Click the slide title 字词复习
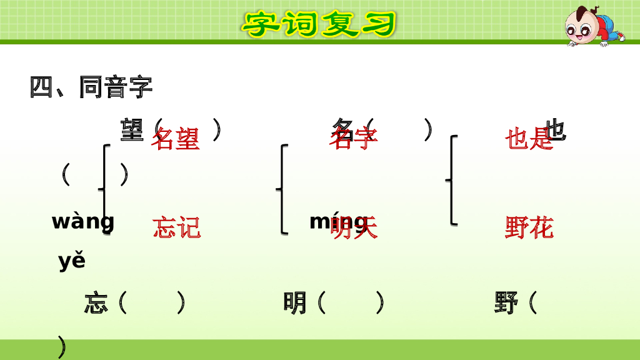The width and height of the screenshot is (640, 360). [x=319, y=24]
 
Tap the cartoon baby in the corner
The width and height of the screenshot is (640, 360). [x=591, y=26]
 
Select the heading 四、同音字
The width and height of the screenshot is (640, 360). [x=91, y=87]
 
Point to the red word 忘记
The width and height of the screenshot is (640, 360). [x=177, y=227]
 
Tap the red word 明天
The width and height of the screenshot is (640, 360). [x=354, y=227]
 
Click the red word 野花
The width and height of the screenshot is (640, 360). [x=529, y=227]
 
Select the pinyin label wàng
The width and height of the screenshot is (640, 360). [x=83, y=221]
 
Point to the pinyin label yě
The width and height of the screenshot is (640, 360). [x=72, y=261]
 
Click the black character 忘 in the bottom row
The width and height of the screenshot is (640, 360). [x=96, y=304]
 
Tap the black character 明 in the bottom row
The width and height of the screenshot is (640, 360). [x=295, y=304]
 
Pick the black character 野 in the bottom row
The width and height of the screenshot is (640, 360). [x=506, y=304]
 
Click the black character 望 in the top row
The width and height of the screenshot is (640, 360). [x=132, y=129]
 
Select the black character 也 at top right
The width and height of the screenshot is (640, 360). [x=556, y=129]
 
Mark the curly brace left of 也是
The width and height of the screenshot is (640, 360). [x=452, y=180]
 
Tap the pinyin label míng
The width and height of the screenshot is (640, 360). [x=337, y=221]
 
